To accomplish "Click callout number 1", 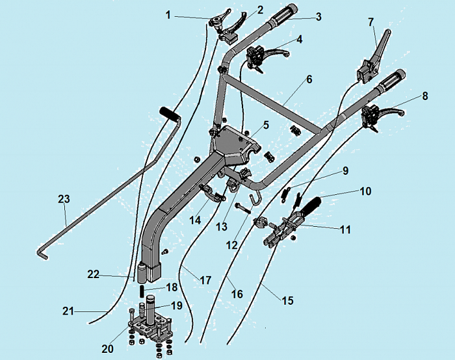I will click(x=168, y=14).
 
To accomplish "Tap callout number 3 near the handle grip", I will click(x=318, y=17).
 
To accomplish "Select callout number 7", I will click(x=371, y=22).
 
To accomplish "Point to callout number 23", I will click(x=63, y=199).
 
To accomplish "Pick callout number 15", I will click(x=287, y=301).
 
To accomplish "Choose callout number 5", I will click(x=266, y=125).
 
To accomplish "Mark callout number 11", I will click(x=345, y=229).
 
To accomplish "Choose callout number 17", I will click(x=205, y=281).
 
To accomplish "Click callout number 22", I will click(x=94, y=274).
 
